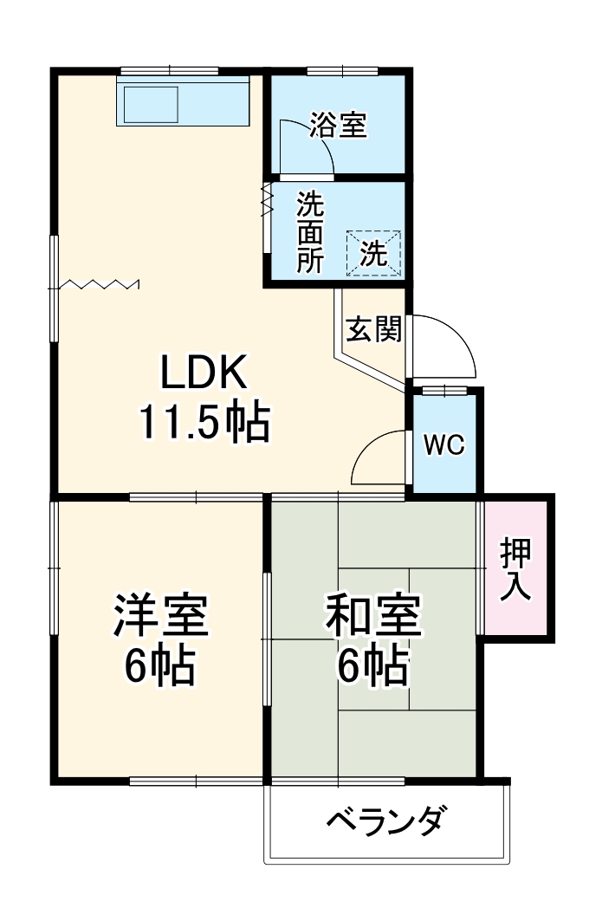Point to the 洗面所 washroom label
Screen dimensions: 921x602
tap(310, 232)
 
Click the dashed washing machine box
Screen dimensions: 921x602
tap(374, 253)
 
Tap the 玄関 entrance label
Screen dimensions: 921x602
tap(373, 329)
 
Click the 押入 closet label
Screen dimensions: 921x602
tap(516, 568)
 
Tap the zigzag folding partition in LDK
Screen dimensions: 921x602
tap(100, 283)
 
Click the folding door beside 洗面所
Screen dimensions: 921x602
tap(267, 200)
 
